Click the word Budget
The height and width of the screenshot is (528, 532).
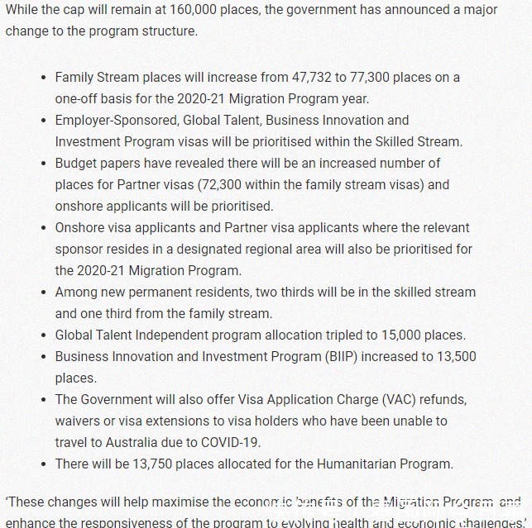(x=77, y=163)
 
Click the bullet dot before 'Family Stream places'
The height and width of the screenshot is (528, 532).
(x=43, y=78)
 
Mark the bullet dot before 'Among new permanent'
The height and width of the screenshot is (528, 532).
(x=43, y=293)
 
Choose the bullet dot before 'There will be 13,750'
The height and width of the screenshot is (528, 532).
(x=43, y=464)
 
